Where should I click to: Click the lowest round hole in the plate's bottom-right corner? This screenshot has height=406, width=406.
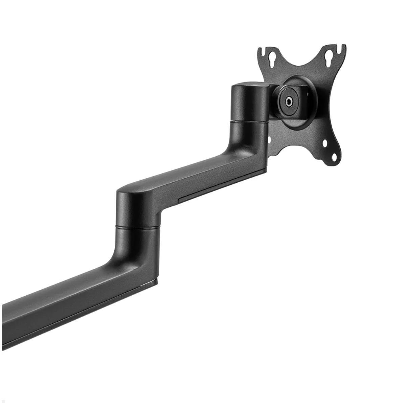(x=334, y=157)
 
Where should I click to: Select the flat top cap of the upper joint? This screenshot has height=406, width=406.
(x=249, y=85)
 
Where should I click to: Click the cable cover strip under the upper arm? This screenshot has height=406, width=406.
(x=220, y=189)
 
